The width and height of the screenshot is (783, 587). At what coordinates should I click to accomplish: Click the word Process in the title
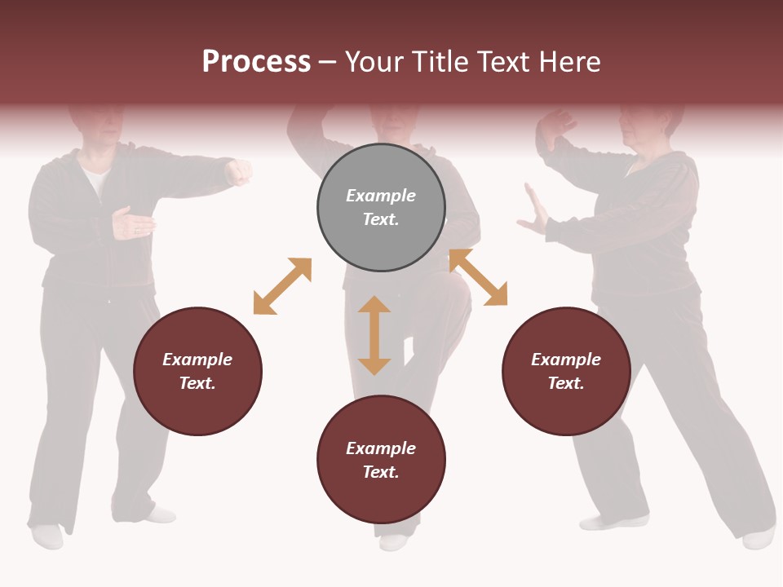click(x=256, y=62)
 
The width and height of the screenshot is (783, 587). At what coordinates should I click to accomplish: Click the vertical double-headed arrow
click(x=374, y=335)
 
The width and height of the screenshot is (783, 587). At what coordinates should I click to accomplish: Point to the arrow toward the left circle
click(x=282, y=286)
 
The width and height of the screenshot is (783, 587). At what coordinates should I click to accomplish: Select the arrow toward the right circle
click(x=478, y=277)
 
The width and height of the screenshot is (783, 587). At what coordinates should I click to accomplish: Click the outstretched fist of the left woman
click(x=239, y=172)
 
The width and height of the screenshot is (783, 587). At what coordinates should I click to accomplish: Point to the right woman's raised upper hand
click(x=557, y=129)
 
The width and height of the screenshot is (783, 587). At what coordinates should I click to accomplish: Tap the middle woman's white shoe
click(x=394, y=542)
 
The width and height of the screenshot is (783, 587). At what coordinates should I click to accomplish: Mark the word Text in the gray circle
click(x=381, y=219)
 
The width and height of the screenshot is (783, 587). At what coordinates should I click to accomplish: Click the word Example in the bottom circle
click(x=381, y=448)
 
